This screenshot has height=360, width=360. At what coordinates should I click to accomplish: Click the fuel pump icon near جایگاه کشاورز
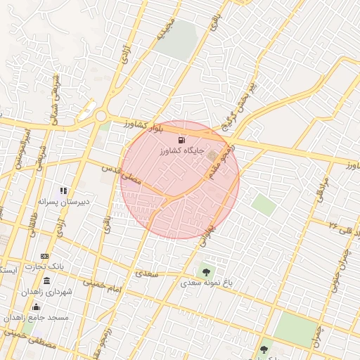184,140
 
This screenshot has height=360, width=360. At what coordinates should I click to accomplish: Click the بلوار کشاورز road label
146,126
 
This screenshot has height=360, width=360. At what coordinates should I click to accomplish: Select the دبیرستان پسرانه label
63,201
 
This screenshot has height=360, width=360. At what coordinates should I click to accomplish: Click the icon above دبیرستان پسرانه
63,190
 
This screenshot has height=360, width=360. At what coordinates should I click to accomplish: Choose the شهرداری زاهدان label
46,291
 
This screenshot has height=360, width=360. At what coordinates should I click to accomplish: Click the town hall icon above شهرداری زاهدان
46,281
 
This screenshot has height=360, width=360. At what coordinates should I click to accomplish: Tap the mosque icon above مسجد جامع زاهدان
36,307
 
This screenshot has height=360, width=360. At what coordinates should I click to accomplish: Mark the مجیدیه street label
164,27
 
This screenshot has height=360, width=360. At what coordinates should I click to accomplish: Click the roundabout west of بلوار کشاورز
101,115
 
